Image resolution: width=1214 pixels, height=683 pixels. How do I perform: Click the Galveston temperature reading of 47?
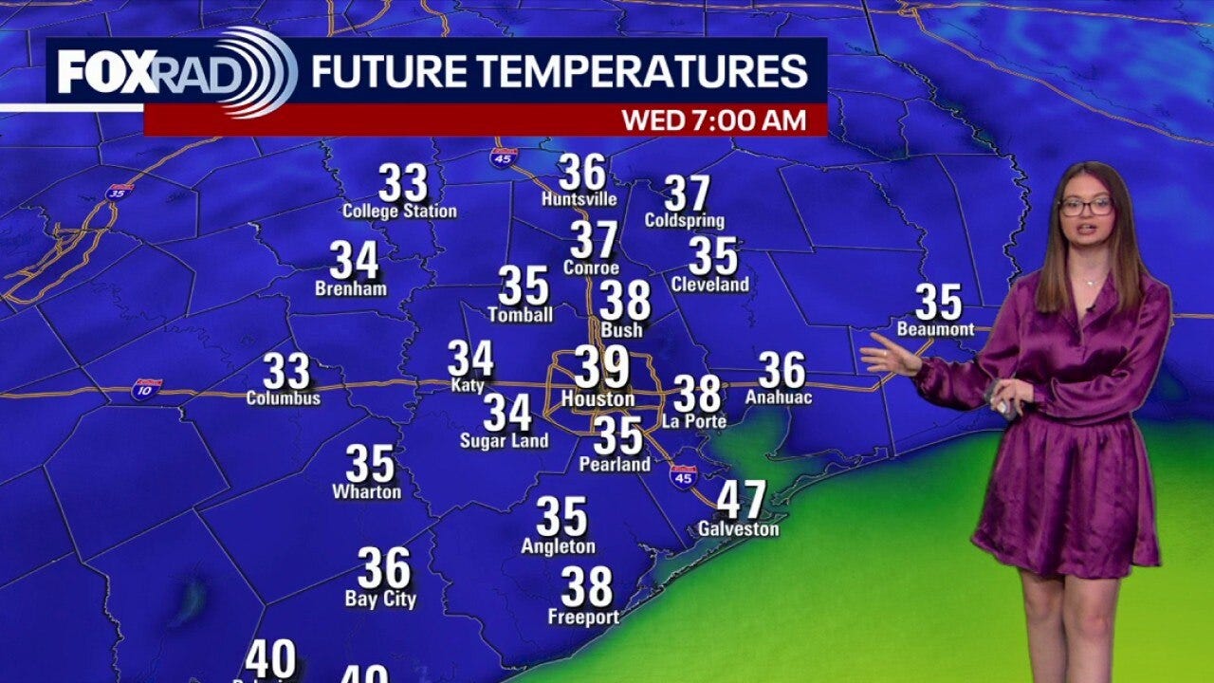(741, 500)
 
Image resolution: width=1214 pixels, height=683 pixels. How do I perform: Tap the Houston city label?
(598, 400)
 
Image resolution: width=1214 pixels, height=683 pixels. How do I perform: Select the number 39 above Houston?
(600, 367)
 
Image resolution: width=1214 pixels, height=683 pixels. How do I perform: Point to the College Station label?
(399, 212)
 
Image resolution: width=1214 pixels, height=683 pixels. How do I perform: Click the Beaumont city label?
(935, 329)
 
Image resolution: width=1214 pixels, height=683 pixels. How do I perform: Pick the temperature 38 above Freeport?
(586, 587)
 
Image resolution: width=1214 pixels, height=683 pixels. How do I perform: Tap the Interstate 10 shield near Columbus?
(147, 388)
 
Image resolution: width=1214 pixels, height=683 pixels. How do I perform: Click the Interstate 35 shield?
(120, 191)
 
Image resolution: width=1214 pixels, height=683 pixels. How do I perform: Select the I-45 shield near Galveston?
(683, 475)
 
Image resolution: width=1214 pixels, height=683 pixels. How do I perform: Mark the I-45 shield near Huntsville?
(504, 157)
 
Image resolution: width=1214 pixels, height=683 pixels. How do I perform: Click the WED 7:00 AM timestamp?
(713, 120)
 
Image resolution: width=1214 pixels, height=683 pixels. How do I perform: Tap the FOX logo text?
(106, 72)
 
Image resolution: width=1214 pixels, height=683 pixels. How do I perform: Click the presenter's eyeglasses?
(1086, 206)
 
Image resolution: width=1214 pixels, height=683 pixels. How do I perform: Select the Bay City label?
(380, 600)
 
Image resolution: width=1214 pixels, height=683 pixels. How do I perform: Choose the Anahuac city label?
(779, 397)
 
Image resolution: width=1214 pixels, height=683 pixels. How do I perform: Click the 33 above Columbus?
(285, 371)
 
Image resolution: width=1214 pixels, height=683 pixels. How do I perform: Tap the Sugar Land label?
(504, 441)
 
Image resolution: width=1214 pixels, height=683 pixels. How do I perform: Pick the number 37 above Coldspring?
(687, 194)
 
